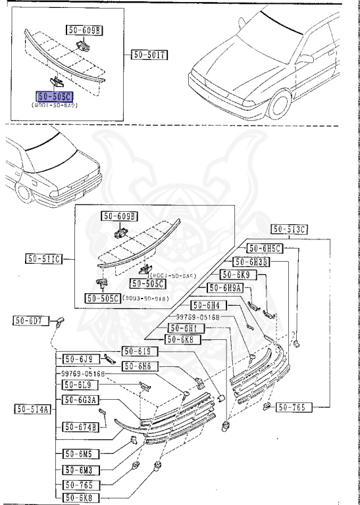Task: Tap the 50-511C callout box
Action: click(x=44, y=258)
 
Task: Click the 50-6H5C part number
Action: click(x=265, y=248)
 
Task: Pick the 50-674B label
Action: click(x=81, y=427)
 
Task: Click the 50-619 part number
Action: click(x=138, y=351)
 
